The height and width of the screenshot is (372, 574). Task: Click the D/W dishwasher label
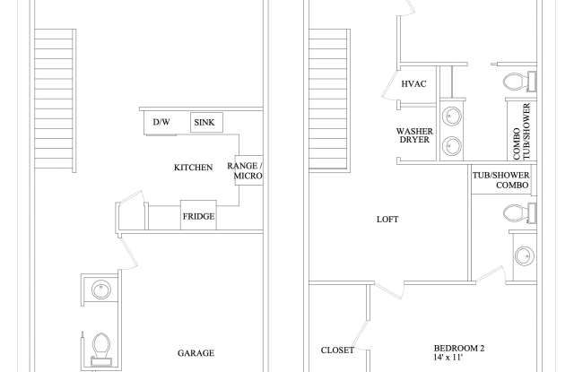point(161,122)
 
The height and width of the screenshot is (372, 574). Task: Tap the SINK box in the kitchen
point(206,122)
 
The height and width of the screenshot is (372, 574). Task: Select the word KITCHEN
point(193,168)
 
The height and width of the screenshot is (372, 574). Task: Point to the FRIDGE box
point(198,216)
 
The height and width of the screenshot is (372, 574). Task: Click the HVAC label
point(413,84)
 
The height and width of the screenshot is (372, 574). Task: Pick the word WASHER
point(414,131)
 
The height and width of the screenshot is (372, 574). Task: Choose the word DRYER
point(414,141)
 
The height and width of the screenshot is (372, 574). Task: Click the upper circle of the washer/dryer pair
point(453,116)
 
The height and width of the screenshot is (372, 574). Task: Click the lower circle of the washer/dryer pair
point(453,146)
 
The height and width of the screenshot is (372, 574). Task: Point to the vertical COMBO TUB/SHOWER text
point(521,132)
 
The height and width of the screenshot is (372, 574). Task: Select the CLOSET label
point(337,350)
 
